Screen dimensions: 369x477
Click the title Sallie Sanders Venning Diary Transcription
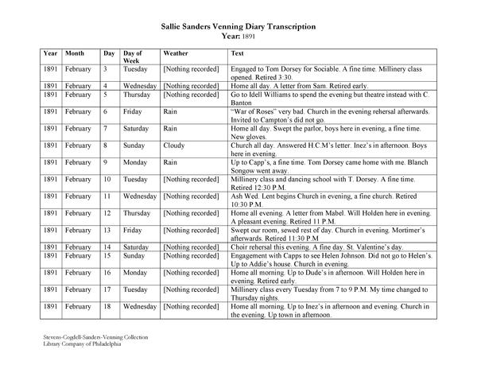click(238, 26)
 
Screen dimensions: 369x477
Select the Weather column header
click(176, 53)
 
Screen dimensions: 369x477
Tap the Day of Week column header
click(134, 57)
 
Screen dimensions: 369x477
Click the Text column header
click(237, 53)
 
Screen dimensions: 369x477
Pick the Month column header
click(75, 53)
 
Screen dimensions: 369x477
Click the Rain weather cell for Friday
click(170, 112)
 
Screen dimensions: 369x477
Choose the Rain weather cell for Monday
click(170, 163)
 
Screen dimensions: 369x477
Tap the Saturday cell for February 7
click(138, 129)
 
